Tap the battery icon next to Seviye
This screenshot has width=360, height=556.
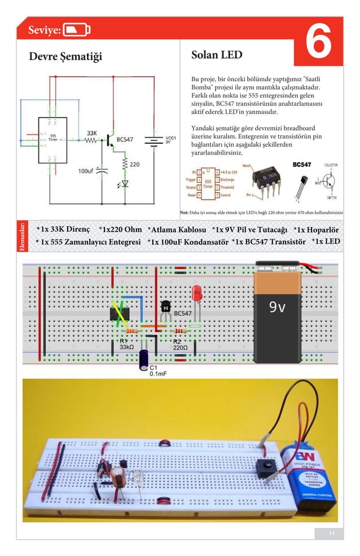tap(76, 30)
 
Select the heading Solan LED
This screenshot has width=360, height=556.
tap(217, 55)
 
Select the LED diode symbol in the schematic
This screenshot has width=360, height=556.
tap(125, 183)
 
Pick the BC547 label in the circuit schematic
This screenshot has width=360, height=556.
tap(125, 139)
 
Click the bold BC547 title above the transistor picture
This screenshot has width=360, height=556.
tap(301, 165)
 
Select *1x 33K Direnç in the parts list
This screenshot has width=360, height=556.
tap(63, 230)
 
